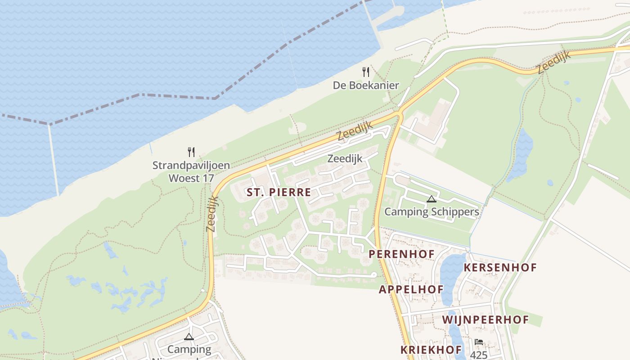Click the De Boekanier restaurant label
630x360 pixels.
366,85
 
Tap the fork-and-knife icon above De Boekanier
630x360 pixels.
366,72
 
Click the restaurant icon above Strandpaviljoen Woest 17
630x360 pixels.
191,152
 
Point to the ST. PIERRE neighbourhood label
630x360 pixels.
279,193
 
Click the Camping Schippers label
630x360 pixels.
432,211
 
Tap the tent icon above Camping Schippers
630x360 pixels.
432,199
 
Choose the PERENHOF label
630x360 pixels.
402,254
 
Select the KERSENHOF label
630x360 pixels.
500,268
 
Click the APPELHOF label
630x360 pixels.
411,289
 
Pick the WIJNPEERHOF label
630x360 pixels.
486,320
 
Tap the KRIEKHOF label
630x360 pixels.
431,350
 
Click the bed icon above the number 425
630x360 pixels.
479,342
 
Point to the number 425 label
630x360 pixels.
479,355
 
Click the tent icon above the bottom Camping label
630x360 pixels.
189,337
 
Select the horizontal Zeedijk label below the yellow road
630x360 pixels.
345,158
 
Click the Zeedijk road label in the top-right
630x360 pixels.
553,62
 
